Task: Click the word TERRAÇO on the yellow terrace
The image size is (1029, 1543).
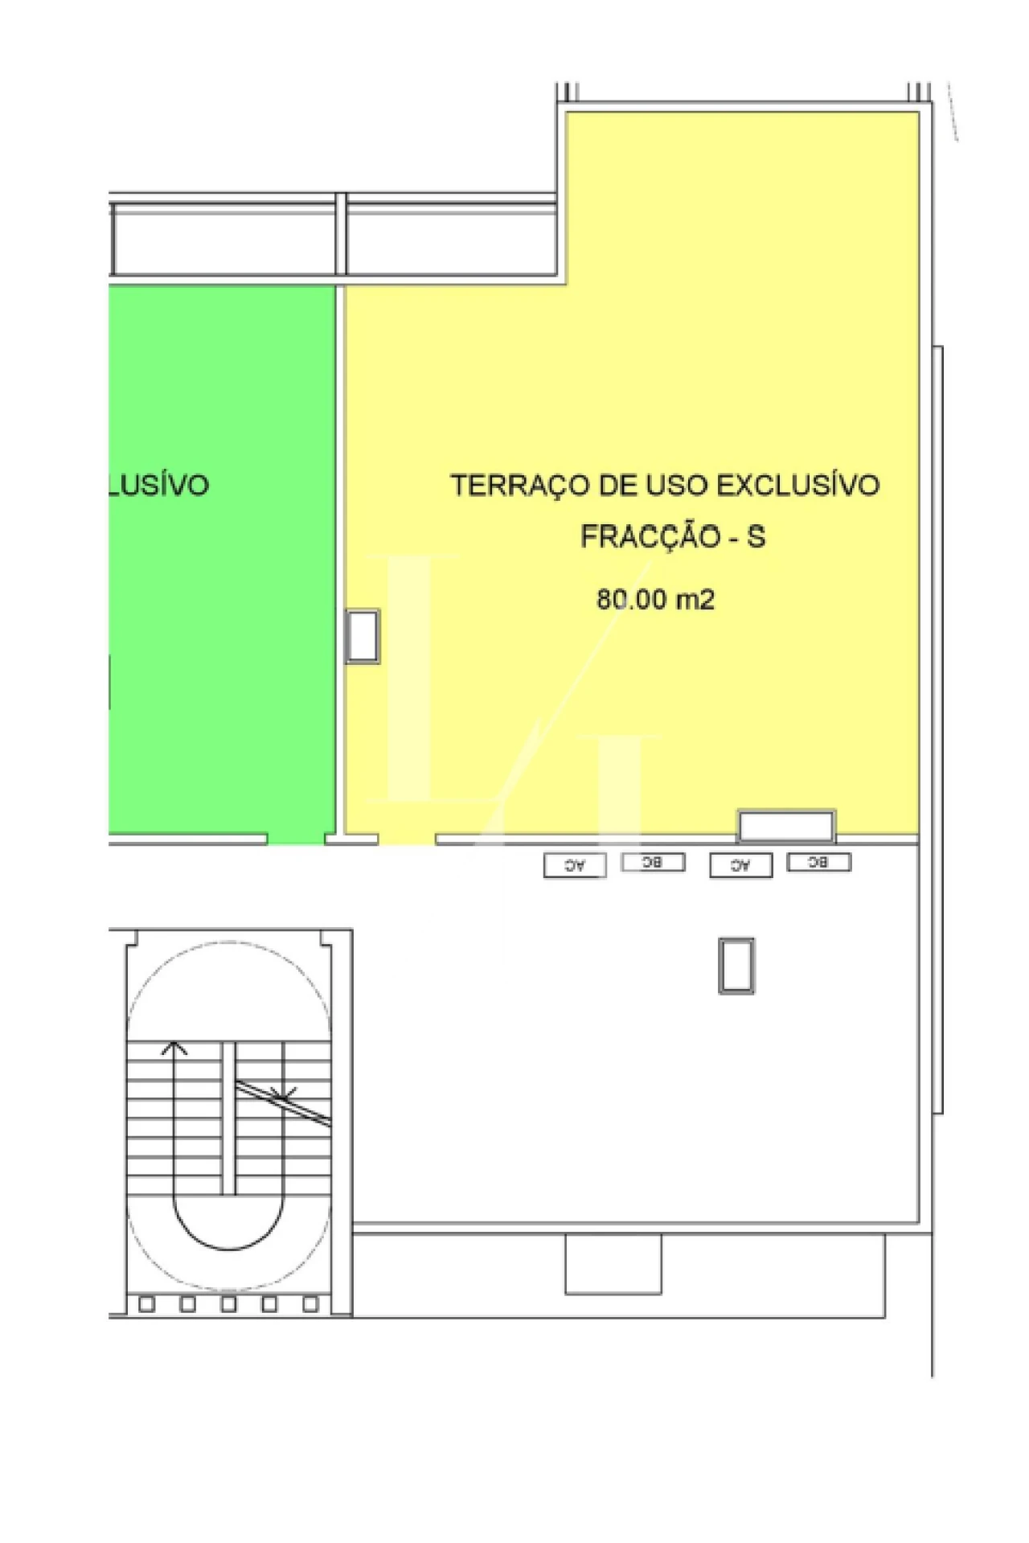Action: pyautogui.click(x=519, y=486)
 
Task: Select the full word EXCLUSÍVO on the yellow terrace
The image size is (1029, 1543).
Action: pyautogui.click(x=797, y=486)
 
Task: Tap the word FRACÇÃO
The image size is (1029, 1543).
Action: pyautogui.click(x=650, y=536)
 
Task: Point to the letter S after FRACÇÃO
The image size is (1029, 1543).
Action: pyautogui.click(x=756, y=536)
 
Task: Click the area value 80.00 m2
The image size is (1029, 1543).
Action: pyautogui.click(x=655, y=599)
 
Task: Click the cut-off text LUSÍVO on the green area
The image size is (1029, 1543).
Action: pyautogui.click(x=159, y=486)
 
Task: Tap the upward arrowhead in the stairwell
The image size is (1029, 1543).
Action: pyautogui.click(x=174, y=1048)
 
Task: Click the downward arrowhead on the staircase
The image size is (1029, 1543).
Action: pyautogui.click(x=283, y=1094)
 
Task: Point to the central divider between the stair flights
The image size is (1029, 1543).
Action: pyautogui.click(x=229, y=1118)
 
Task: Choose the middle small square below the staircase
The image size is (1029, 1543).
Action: pyautogui.click(x=229, y=1304)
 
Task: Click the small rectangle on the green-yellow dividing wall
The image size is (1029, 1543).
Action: pyautogui.click(x=363, y=636)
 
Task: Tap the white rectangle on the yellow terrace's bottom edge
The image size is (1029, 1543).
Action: pyautogui.click(x=786, y=826)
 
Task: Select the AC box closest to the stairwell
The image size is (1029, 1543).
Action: pyautogui.click(x=575, y=865)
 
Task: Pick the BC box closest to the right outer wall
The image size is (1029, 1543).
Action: pyautogui.click(x=818, y=862)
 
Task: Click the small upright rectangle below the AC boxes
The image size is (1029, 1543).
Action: pyautogui.click(x=736, y=966)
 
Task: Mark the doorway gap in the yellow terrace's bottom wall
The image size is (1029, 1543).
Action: pyautogui.click(x=407, y=839)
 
